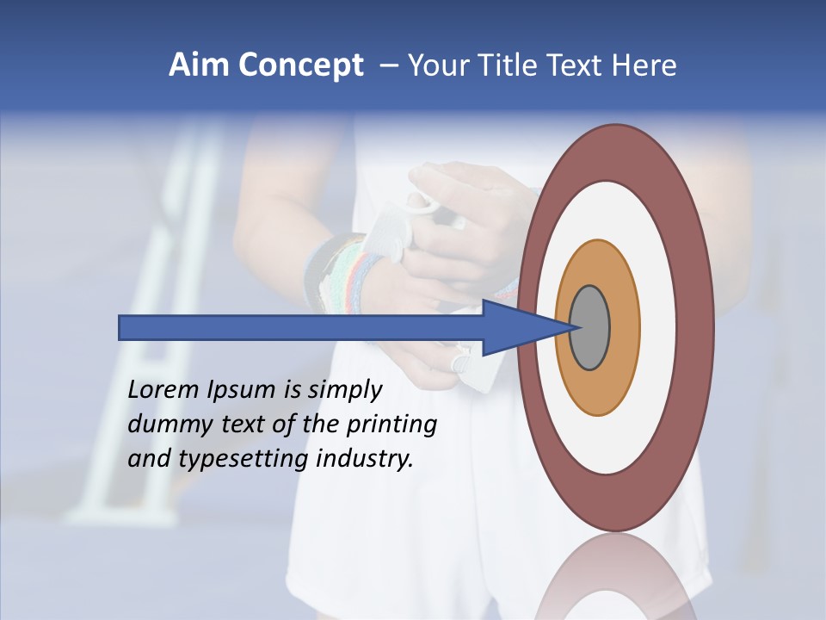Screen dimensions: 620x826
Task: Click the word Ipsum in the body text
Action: coord(239,389)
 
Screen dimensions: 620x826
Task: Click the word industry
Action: coord(366,458)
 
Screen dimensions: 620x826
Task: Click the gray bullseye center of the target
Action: coord(589,328)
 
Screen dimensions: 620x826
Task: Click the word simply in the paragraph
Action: coord(344,389)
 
